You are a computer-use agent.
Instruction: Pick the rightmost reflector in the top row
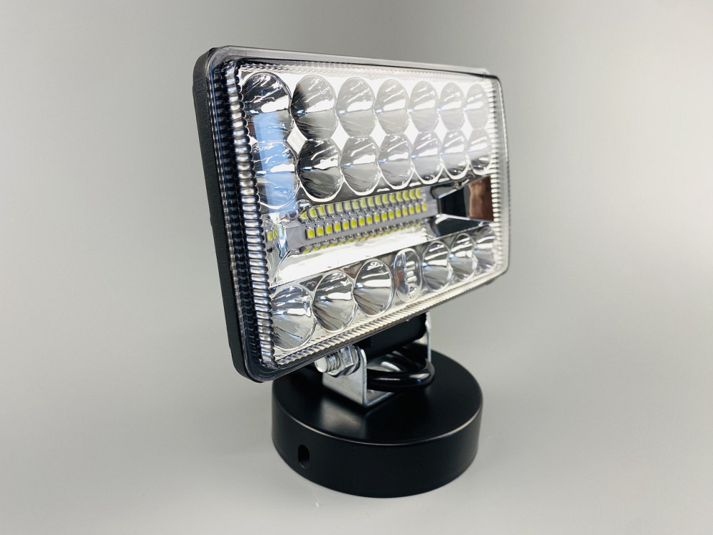coord(476,106)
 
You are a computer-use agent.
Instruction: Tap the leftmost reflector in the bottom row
coord(292,315)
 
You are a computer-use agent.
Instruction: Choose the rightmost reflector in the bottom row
coord(485,247)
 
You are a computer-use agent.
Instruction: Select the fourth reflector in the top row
coord(391,106)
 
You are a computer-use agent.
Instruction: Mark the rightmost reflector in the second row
coord(478,151)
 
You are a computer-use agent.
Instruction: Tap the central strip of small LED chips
coord(364,218)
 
